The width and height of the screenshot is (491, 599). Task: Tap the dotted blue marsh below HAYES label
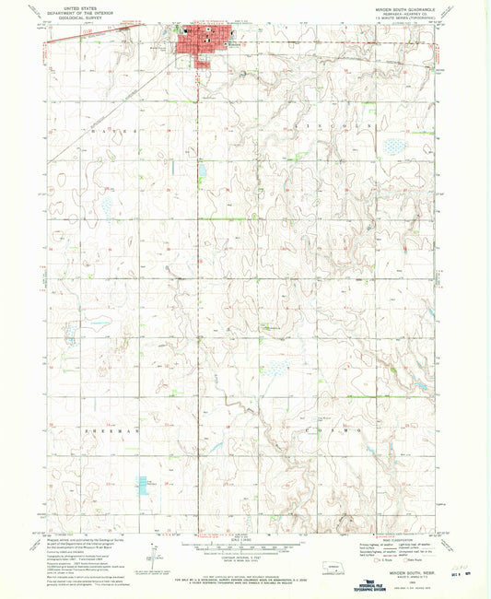107,206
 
